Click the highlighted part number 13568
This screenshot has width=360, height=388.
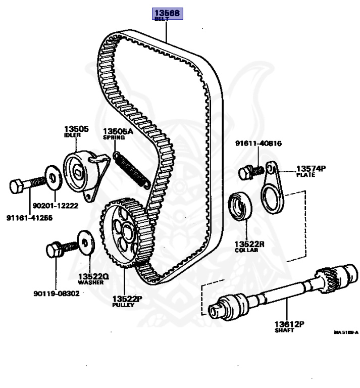coord(168,13)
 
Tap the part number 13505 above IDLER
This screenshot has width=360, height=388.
coord(76,129)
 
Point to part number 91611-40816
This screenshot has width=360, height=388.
coord(258,143)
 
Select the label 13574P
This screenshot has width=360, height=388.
coord(312,168)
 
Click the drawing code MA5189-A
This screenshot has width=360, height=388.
coord(345,332)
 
